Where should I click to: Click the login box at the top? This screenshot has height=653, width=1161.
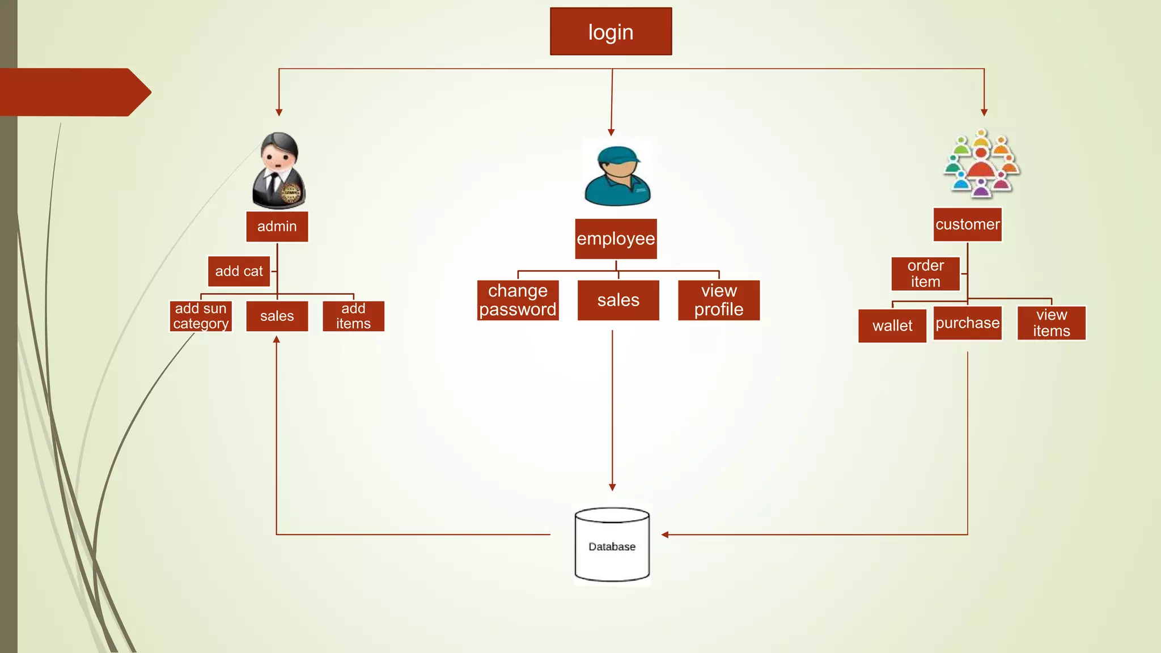(x=611, y=32)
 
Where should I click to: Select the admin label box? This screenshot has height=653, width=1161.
(x=277, y=226)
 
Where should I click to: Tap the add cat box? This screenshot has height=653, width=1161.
(x=239, y=271)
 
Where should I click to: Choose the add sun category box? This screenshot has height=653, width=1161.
(x=201, y=316)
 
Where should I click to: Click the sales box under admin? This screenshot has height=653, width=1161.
(x=277, y=316)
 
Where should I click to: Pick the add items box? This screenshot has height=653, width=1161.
(x=353, y=316)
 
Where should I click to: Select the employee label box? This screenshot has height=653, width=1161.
(x=616, y=239)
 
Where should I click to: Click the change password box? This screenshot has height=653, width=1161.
(x=518, y=300)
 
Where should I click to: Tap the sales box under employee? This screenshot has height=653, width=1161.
(x=618, y=300)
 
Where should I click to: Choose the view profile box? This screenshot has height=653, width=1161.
(x=718, y=300)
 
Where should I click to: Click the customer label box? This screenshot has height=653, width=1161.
(x=967, y=224)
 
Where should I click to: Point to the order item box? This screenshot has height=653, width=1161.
(x=925, y=273)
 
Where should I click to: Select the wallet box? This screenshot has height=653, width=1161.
(x=892, y=325)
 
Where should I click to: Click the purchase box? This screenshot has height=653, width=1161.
(x=967, y=323)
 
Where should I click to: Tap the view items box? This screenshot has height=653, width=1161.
(x=1051, y=323)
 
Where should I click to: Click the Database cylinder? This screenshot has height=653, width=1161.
(x=612, y=545)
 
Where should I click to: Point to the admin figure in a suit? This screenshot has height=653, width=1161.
(x=278, y=171)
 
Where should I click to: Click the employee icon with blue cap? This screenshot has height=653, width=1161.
(x=617, y=175)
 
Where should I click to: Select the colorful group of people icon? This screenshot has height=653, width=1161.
(x=981, y=163)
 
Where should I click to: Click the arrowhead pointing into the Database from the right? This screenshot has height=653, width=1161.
(x=665, y=535)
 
